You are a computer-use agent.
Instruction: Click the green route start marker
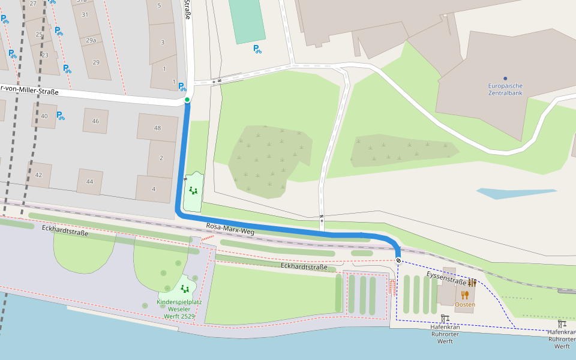click(187, 100)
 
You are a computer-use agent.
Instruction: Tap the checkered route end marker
click(398, 260)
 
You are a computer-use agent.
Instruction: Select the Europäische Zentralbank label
click(505, 89)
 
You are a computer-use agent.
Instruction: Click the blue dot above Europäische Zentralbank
click(505, 79)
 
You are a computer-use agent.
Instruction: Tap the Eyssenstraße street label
click(447, 277)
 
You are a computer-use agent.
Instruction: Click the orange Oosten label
click(465, 304)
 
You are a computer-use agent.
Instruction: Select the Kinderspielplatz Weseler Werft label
click(176, 308)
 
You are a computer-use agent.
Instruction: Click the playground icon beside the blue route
click(193, 191)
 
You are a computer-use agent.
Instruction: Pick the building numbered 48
click(158, 128)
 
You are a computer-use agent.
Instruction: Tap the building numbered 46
click(95, 121)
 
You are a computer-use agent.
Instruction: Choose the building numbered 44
click(90, 181)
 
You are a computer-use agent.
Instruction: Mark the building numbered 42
click(39, 175)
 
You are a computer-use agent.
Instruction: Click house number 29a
click(91, 40)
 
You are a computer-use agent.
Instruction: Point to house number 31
click(85, 14)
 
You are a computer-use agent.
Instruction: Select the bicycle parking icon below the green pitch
click(257, 49)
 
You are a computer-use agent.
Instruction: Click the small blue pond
click(516, 193)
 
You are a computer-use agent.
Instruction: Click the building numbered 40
click(44, 116)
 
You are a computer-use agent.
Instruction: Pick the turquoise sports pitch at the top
click(247, 20)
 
